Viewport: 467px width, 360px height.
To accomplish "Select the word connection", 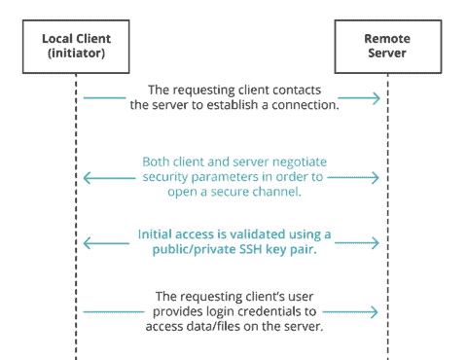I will [305, 106].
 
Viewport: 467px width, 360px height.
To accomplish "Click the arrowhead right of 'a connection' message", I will [377, 97].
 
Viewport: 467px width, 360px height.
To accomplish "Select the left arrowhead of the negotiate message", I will [86, 178].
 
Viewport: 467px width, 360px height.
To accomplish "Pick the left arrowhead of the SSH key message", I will [86, 240].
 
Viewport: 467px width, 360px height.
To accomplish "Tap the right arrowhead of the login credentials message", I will [377, 311].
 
